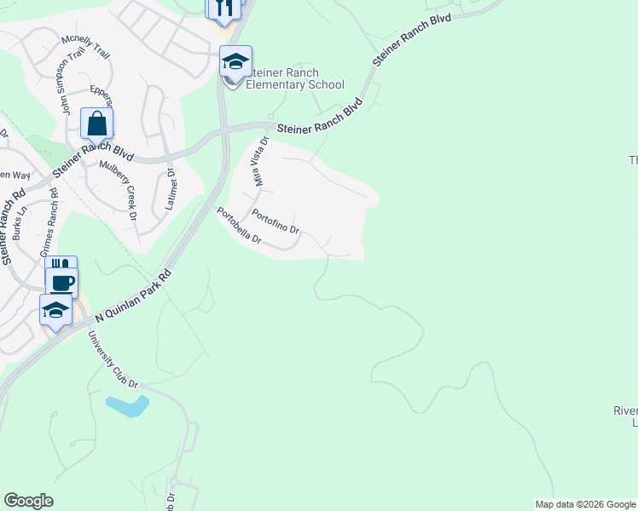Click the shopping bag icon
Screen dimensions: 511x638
[x=97, y=123]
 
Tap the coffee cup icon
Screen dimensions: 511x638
[x=61, y=282]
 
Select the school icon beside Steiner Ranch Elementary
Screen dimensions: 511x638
[x=235, y=62]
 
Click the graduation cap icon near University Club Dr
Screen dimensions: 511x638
[x=55, y=310]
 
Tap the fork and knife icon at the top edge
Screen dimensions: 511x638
[x=223, y=8]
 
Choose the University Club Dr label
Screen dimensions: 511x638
[x=113, y=360]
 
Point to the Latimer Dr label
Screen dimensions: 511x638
[x=171, y=183]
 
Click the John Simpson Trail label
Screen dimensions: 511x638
[x=74, y=82]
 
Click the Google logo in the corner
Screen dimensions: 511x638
[x=28, y=501]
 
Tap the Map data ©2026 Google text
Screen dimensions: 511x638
[x=585, y=504]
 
